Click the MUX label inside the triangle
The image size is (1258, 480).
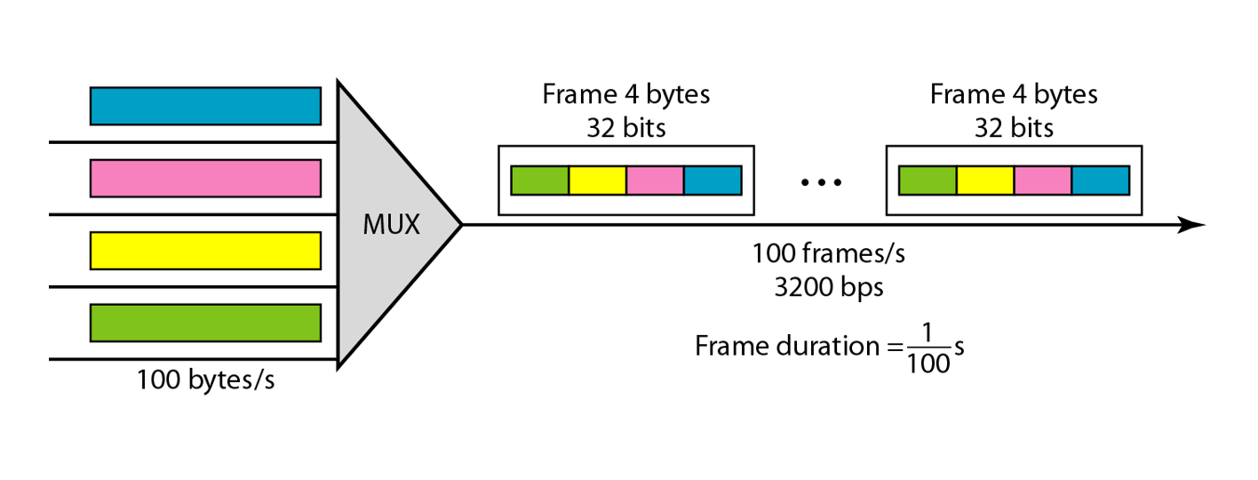(x=392, y=225)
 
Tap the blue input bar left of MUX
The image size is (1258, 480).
(x=205, y=106)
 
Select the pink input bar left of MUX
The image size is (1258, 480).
(x=205, y=178)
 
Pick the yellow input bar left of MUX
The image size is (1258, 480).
(x=205, y=250)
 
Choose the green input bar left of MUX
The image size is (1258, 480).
(x=205, y=323)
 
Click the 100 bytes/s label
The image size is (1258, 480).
(x=205, y=380)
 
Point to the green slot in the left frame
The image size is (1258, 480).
(x=539, y=180)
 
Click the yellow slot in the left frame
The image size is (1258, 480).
(x=597, y=180)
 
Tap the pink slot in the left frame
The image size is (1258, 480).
(x=655, y=180)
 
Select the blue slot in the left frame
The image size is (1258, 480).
(x=713, y=180)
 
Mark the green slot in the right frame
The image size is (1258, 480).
(x=928, y=180)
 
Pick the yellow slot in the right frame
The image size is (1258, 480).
(x=985, y=180)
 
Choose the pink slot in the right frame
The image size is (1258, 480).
(x=1043, y=180)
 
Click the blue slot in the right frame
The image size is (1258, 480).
(x=1101, y=180)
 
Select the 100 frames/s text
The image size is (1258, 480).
(x=829, y=254)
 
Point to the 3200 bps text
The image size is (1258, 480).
(x=829, y=288)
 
